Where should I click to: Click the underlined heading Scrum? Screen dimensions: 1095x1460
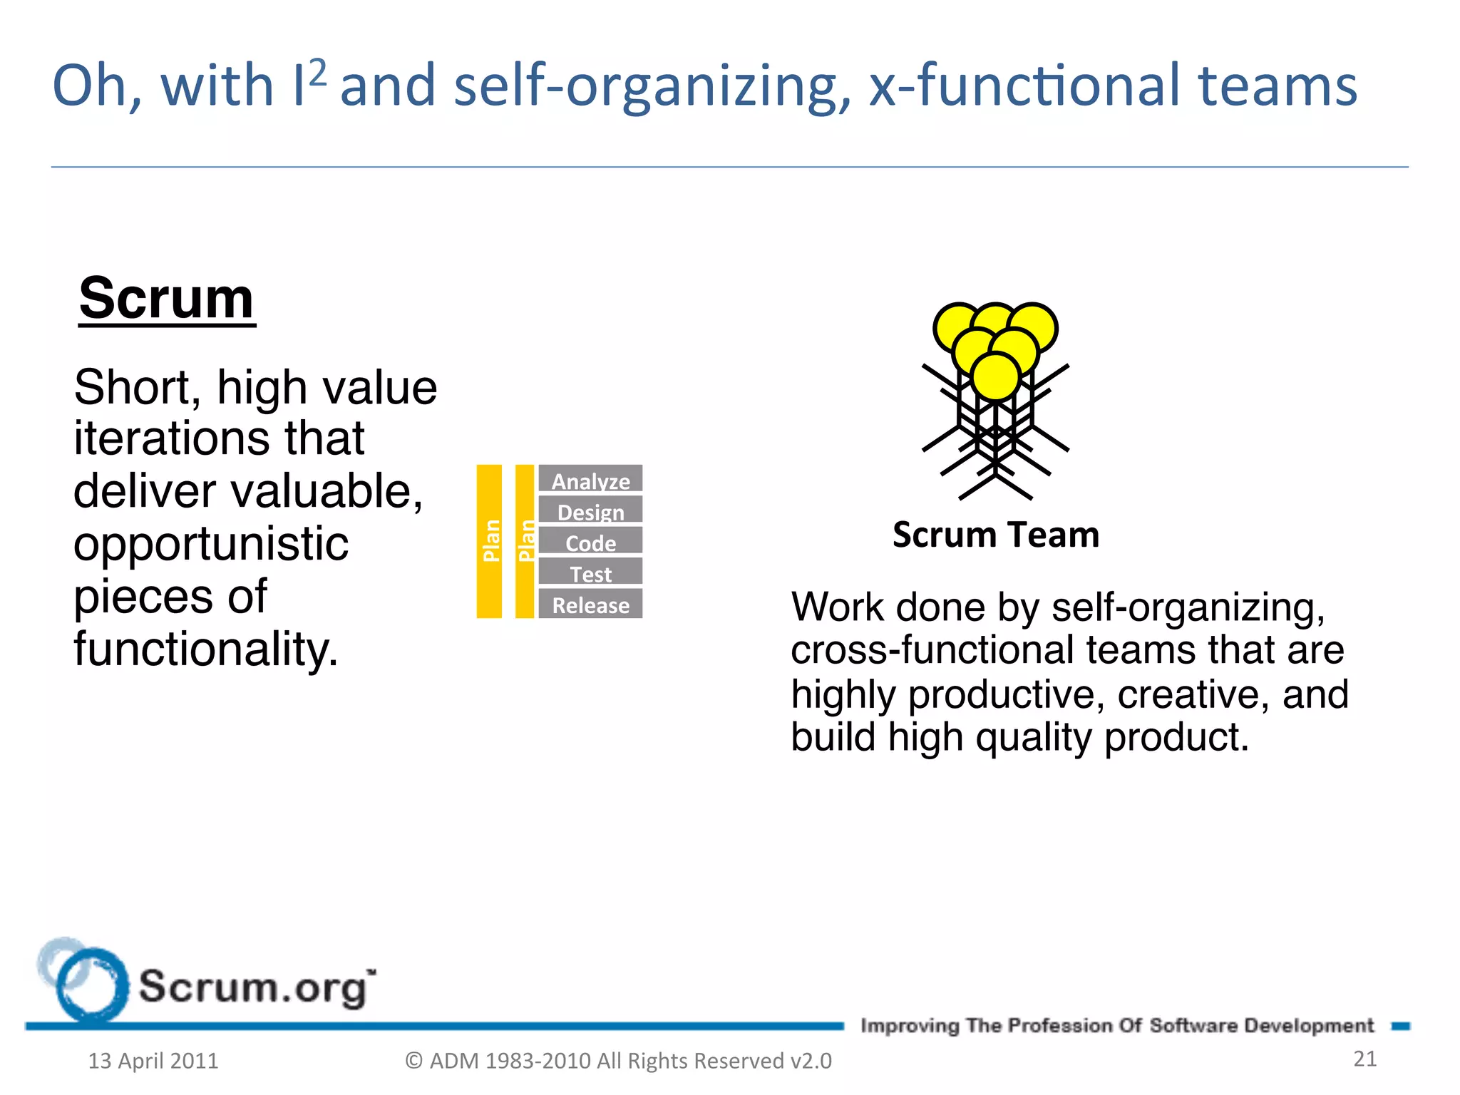(x=166, y=299)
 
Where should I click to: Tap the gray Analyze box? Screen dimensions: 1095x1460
(x=590, y=479)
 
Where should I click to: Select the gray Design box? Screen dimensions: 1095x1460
(x=590, y=510)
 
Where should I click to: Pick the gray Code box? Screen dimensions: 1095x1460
(x=590, y=542)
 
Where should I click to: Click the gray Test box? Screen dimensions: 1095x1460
(x=590, y=572)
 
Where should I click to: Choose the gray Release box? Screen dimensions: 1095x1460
(x=590, y=604)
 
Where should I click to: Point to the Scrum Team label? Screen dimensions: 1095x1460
(x=995, y=535)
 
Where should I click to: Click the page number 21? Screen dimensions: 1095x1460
(x=1364, y=1059)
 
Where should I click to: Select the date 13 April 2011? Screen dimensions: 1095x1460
(x=153, y=1061)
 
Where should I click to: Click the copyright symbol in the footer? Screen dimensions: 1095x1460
(x=413, y=1061)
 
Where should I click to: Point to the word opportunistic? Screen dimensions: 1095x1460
(x=211, y=544)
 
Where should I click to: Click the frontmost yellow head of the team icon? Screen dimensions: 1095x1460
(x=995, y=376)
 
